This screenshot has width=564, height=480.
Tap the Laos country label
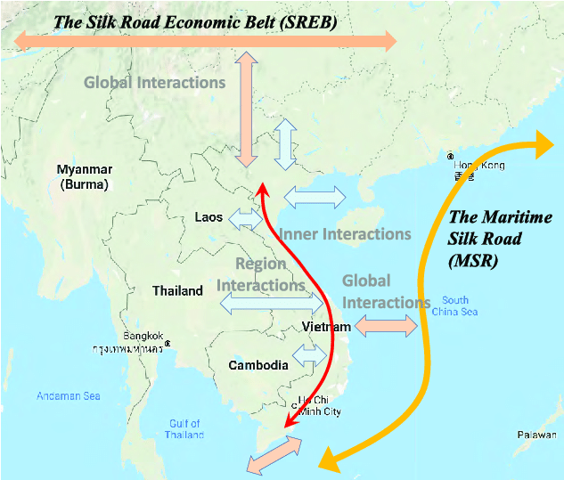(x=208, y=217)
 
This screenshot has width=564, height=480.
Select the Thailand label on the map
(x=177, y=291)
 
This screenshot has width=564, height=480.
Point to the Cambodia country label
(x=258, y=365)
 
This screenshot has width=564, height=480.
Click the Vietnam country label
(x=325, y=328)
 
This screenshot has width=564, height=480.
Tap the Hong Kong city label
(x=479, y=167)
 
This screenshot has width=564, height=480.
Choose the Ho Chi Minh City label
(x=319, y=405)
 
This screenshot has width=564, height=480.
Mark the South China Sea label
(x=454, y=305)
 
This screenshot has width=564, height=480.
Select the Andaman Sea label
(x=69, y=396)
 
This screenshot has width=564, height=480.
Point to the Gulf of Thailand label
(x=184, y=429)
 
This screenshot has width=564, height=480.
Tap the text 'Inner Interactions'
(x=345, y=234)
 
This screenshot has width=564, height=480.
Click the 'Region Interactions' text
(x=261, y=274)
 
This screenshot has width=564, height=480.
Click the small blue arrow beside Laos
(x=246, y=217)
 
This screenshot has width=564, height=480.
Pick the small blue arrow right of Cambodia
(x=310, y=355)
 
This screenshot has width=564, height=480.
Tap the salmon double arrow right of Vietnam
(x=386, y=327)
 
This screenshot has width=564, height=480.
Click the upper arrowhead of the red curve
(x=260, y=189)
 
